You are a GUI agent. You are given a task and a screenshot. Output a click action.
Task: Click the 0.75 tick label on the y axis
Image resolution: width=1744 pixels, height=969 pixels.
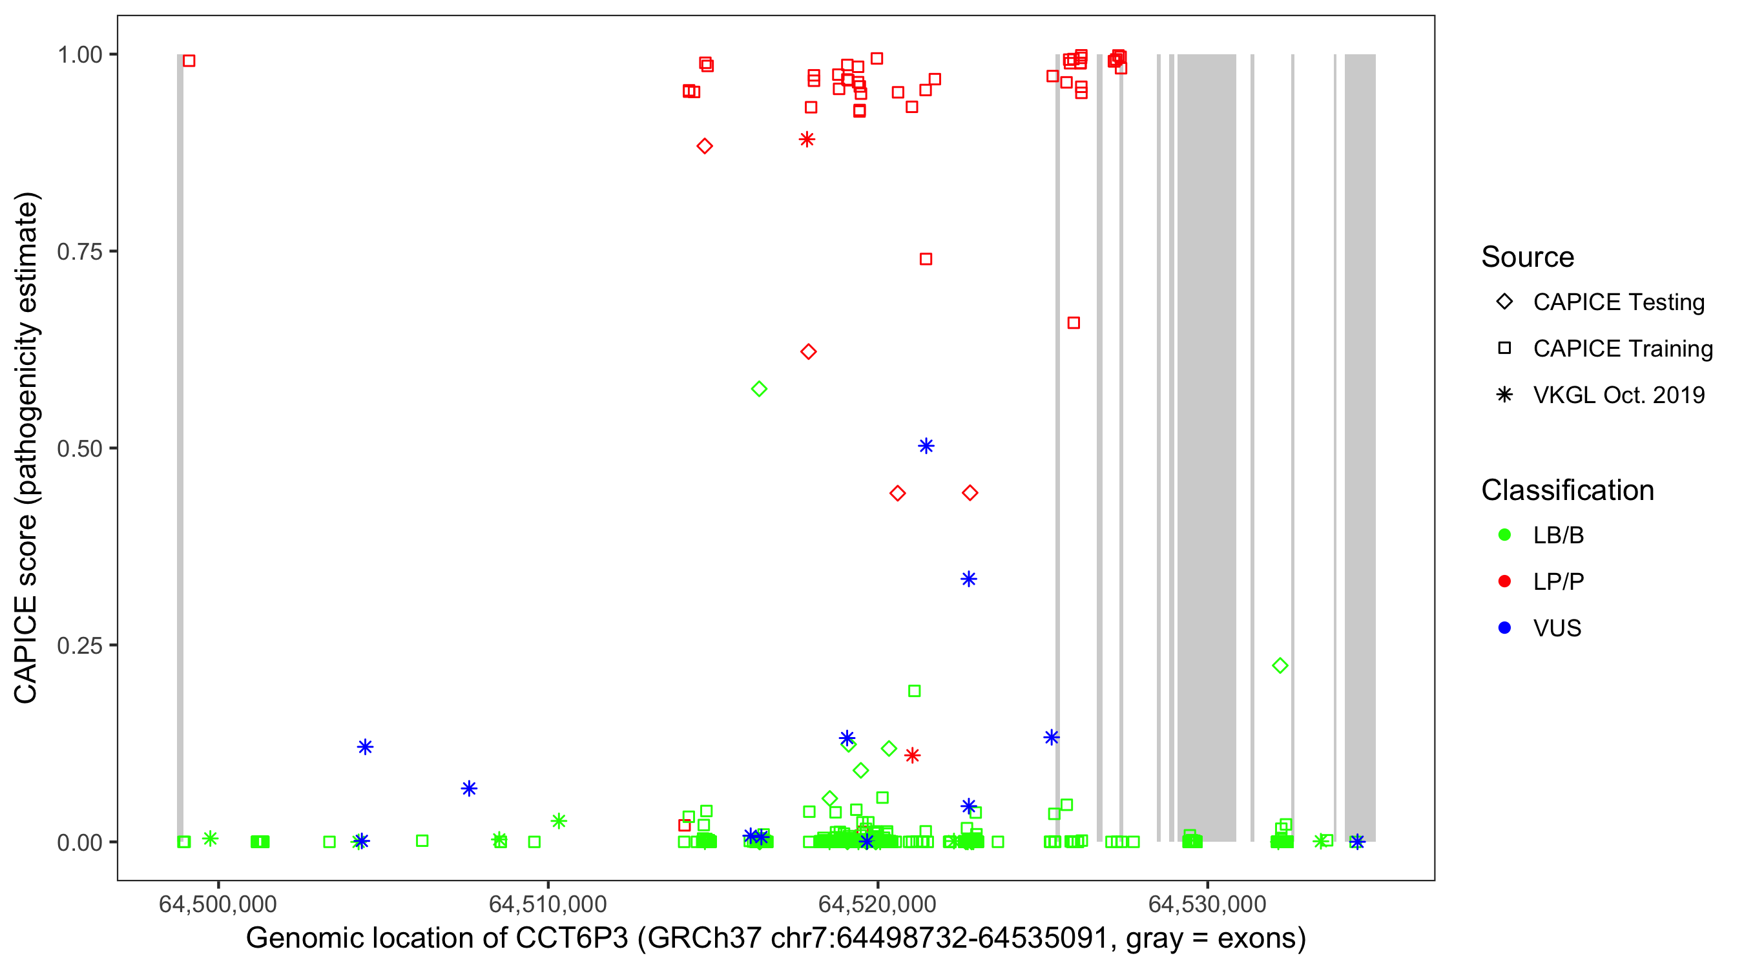click(79, 252)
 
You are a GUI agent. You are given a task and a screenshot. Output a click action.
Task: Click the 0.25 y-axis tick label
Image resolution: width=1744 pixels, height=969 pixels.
click(79, 645)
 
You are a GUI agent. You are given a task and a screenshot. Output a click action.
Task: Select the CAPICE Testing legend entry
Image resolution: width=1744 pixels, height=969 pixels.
click(1618, 302)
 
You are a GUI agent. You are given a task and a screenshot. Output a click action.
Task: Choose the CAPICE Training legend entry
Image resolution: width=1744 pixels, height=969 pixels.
click(1622, 349)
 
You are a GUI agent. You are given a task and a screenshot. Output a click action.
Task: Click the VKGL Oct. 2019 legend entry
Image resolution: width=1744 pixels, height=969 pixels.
click(1618, 395)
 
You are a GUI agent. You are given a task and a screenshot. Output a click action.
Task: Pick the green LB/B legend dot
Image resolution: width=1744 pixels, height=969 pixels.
click(1504, 535)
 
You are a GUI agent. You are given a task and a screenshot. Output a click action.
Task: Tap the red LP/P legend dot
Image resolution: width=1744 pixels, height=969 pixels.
click(1504, 581)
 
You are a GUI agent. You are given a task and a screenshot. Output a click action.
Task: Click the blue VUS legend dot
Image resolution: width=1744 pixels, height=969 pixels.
click(1504, 628)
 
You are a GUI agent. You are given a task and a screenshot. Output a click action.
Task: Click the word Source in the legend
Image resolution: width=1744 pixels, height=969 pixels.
click(1528, 257)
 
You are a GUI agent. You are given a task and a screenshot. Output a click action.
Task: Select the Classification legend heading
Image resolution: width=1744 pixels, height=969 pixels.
click(1567, 490)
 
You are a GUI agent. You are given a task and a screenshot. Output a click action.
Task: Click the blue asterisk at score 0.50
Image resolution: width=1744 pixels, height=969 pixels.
click(926, 446)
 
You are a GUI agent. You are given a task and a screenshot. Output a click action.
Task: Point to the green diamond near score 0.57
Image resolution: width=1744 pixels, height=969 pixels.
click(759, 389)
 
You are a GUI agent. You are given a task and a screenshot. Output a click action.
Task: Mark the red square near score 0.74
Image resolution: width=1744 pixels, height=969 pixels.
click(926, 259)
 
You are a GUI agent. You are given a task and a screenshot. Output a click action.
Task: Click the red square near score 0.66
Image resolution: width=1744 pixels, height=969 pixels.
click(1073, 323)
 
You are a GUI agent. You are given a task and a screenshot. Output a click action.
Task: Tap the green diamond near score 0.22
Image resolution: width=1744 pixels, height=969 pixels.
click(1280, 665)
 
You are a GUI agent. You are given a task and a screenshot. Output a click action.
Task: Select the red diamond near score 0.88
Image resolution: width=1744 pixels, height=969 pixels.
click(704, 146)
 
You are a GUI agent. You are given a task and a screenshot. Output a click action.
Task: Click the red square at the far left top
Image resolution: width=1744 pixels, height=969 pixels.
click(189, 61)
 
